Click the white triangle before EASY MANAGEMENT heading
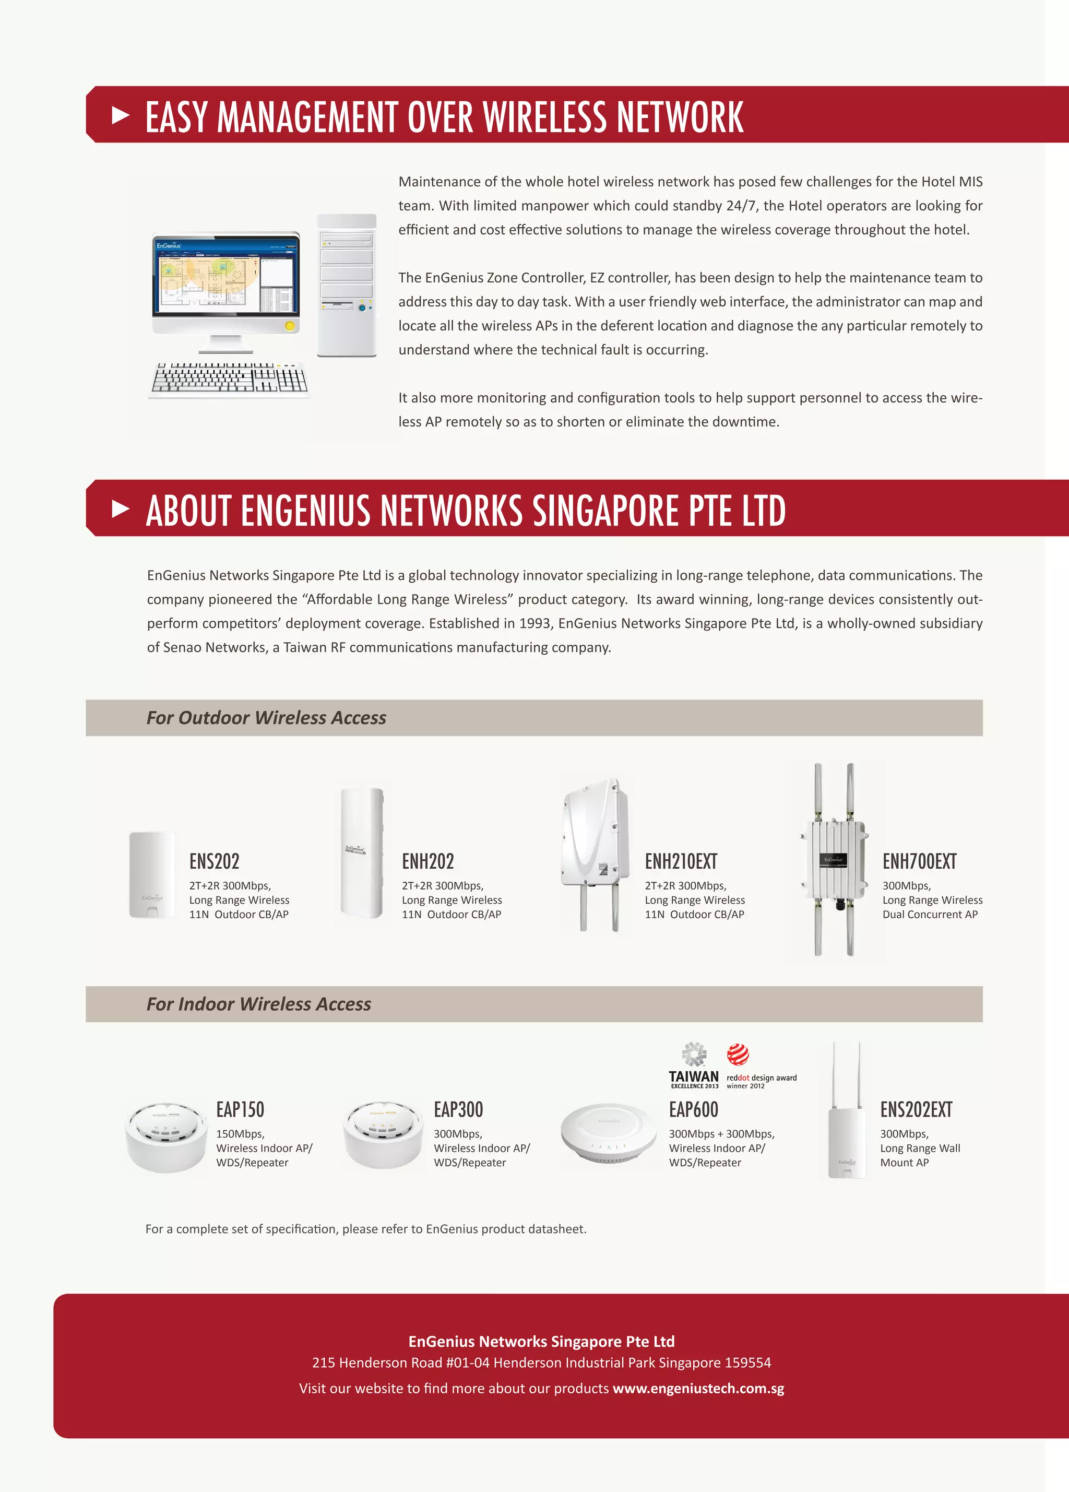pos(121,116)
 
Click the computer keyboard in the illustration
pos(229,379)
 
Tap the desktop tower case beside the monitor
pos(347,286)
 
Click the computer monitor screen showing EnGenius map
pos(225,275)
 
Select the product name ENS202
pos(214,861)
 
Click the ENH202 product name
pos(427,861)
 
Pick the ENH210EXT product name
pos(681,861)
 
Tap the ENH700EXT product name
pos(919,861)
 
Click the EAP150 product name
pos(240,1110)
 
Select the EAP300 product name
pos(458,1110)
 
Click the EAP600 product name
pos(693,1110)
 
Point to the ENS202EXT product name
pos(916,1110)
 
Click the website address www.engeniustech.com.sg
pos(698,1389)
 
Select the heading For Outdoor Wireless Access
pos(266,718)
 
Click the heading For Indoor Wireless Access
pos(258,1004)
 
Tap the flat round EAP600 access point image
pos(609,1133)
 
